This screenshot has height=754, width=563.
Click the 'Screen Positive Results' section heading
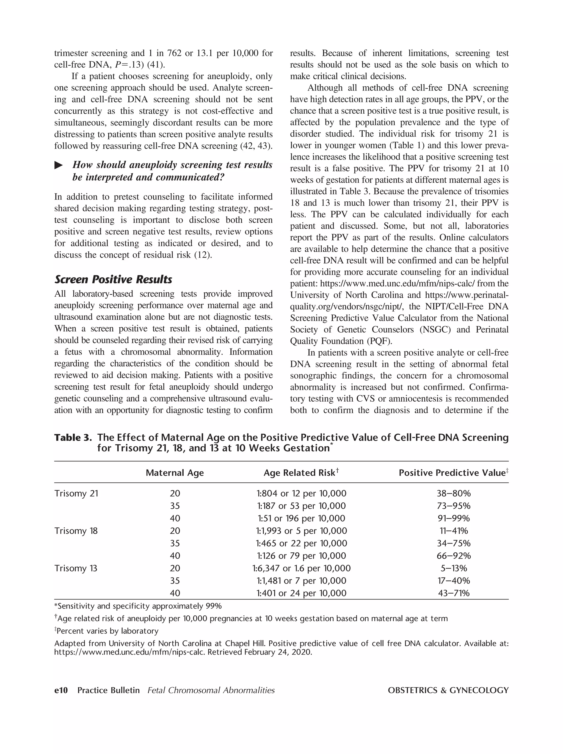(x=113, y=279)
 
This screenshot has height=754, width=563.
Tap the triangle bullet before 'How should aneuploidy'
(x=59, y=165)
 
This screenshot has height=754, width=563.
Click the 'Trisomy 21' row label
(x=76, y=493)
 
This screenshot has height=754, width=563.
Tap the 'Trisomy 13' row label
(x=76, y=568)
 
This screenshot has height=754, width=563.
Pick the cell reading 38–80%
(x=453, y=493)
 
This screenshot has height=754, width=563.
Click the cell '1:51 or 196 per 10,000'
(x=301, y=519)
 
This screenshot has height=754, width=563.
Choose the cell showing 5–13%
(x=453, y=568)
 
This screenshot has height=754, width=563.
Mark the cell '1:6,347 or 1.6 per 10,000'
(x=301, y=568)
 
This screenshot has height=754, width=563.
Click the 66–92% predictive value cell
(x=453, y=556)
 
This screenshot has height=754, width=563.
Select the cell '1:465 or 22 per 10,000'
(x=301, y=543)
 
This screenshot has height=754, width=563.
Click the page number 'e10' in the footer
(x=61, y=690)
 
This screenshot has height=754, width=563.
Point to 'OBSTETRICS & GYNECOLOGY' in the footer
(x=448, y=690)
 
